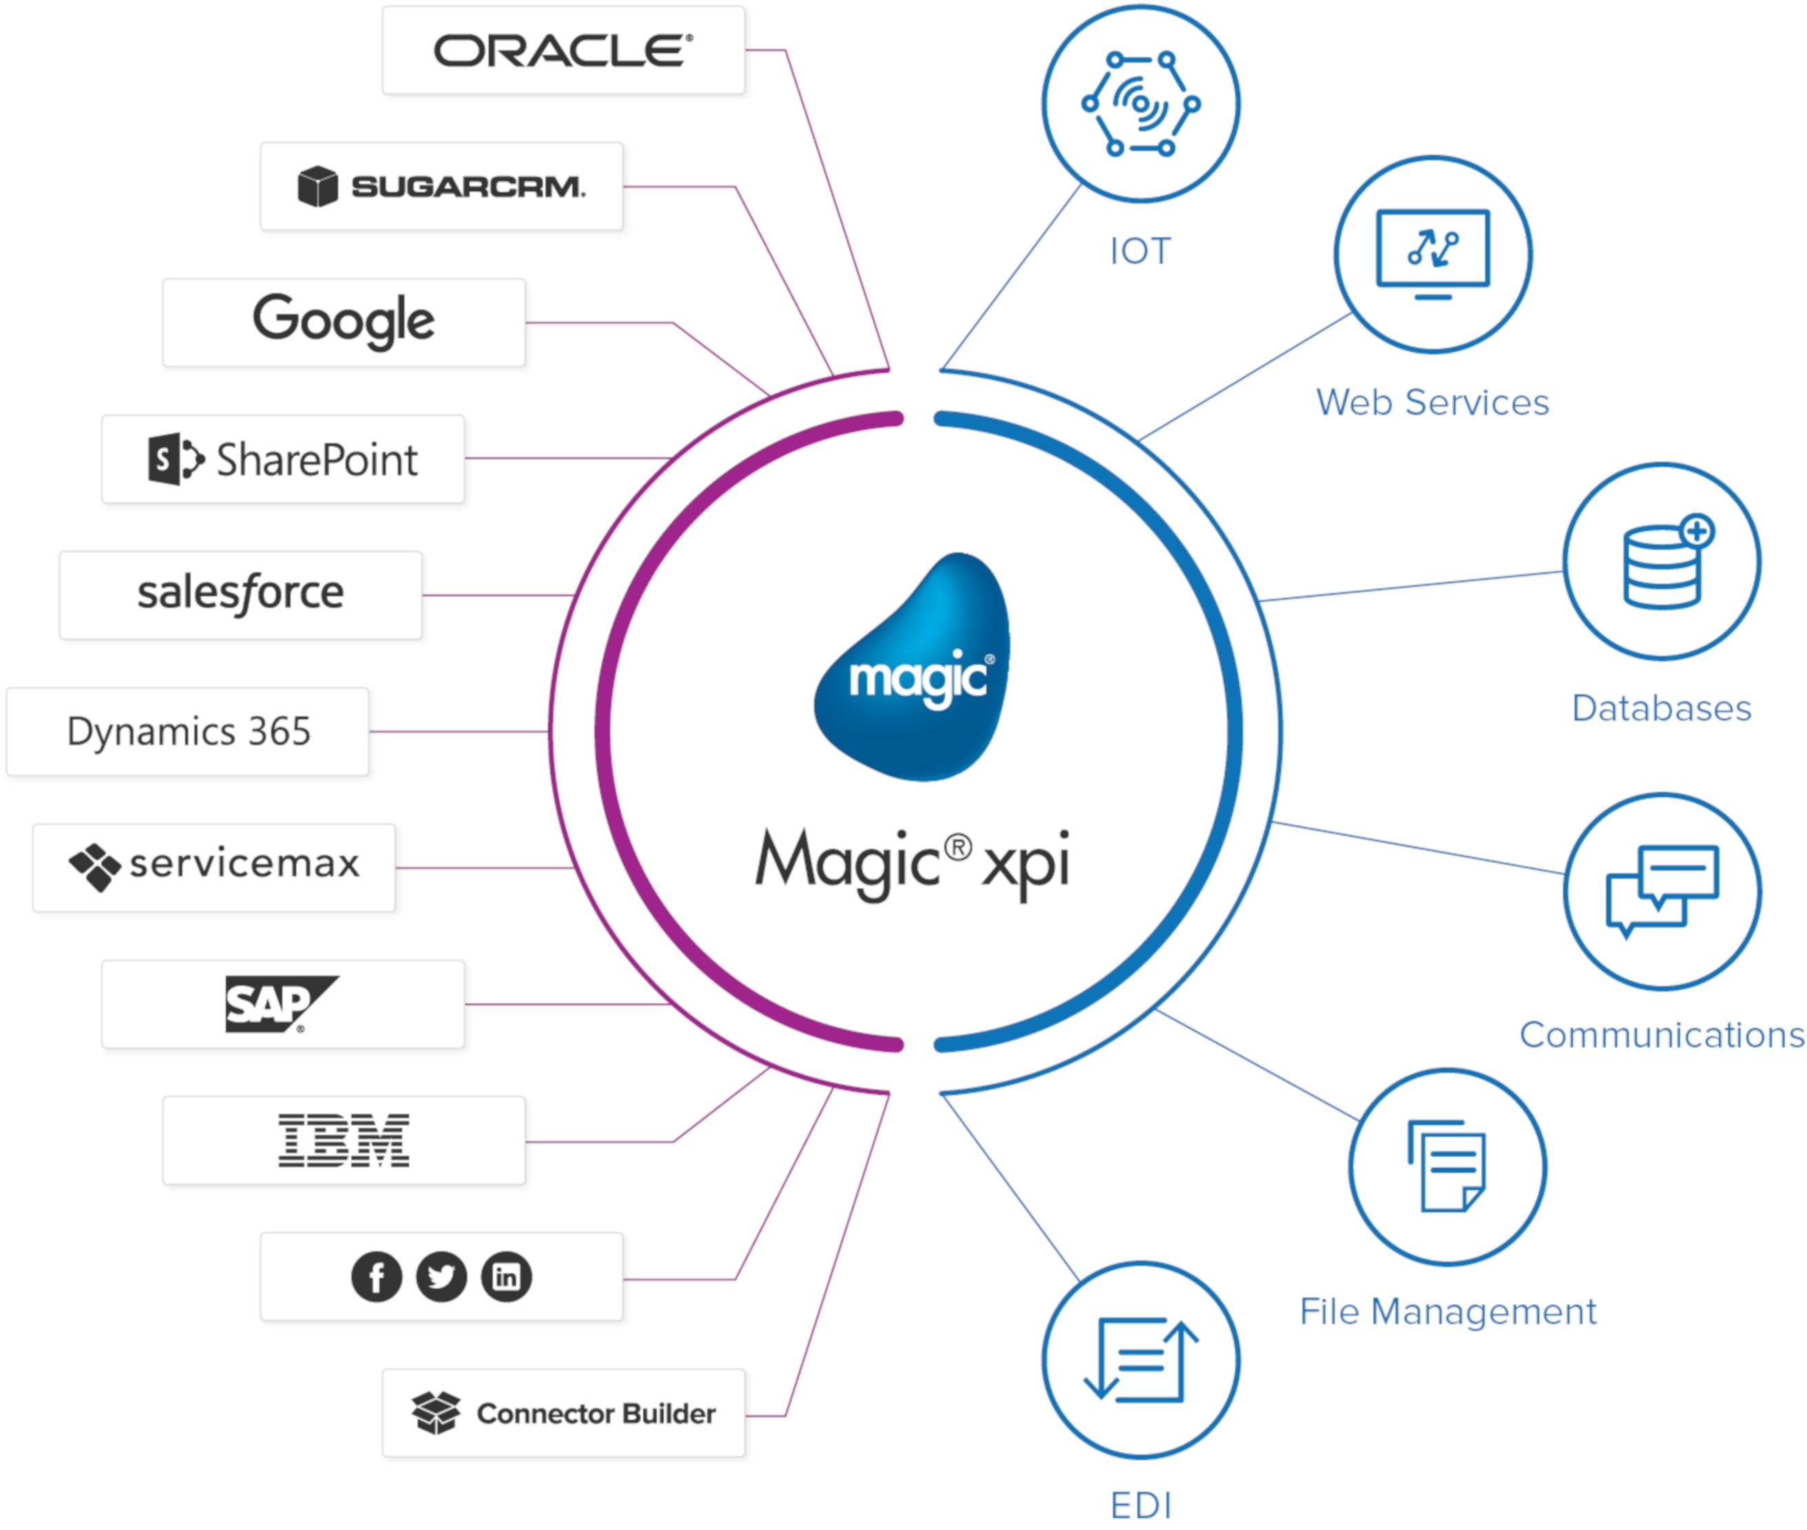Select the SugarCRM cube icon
(317, 187)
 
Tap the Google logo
(344, 322)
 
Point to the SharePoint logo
(283, 459)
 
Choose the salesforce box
(240, 595)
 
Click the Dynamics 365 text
(188, 731)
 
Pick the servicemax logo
(213, 866)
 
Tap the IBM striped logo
(344, 1140)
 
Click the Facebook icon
(377, 1277)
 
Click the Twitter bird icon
(441, 1277)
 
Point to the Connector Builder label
(595, 1413)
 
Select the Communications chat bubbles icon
(1661, 891)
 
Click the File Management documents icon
(1447, 1166)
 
